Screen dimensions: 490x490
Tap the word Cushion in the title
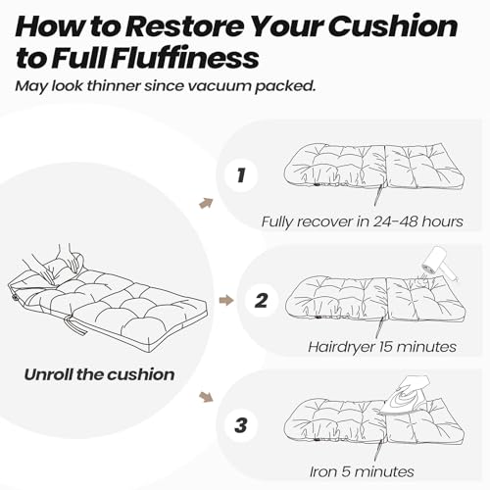point(396,26)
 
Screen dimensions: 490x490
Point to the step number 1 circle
point(241,175)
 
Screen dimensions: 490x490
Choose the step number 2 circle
point(261,301)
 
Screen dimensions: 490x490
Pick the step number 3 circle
point(241,425)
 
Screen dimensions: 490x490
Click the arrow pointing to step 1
point(206,203)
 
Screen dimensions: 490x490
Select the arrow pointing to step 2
point(226,300)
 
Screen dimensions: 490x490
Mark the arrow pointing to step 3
point(206,397)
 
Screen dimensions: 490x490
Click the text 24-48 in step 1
point(395,221)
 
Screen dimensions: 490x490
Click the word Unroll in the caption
point(49,374)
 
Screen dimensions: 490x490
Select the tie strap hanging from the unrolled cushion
point(79,327)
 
